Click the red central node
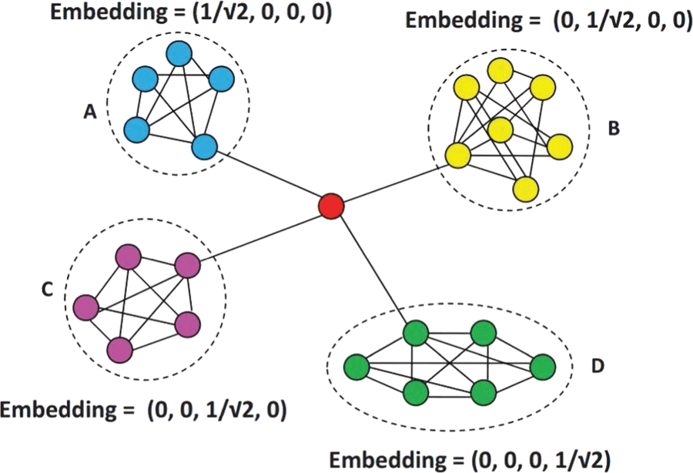331,206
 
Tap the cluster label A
89,112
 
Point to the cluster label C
48,289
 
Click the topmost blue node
179,53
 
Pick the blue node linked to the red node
205,146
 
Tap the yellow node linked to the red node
458,155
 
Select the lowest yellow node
526,189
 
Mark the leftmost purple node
85,308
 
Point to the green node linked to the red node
416,334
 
